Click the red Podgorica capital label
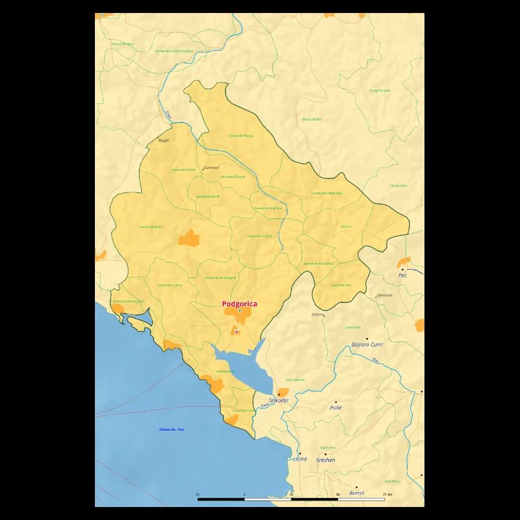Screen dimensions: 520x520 [239, 304]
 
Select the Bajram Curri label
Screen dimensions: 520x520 [367, 344]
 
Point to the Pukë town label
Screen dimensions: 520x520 [336, 408]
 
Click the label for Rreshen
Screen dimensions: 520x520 [325, 460]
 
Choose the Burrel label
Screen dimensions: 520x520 [357, 493]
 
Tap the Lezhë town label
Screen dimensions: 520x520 [300, 460]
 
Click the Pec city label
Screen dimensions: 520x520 [402, 276]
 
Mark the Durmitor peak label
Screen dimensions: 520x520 [211, 167]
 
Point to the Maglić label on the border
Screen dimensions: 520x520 [164, 140]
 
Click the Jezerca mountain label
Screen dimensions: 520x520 [317, 315]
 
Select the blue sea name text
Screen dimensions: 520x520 [172, 430]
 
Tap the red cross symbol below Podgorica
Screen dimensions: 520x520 [237, 332]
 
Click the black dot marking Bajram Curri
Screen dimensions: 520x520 [367, 339]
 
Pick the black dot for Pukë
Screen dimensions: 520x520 [336, 402]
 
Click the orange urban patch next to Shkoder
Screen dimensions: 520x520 [283, 392]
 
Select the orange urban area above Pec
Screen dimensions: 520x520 [404, 261]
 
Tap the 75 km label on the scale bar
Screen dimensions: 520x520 [388, 495]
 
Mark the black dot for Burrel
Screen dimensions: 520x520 [356, 486]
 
